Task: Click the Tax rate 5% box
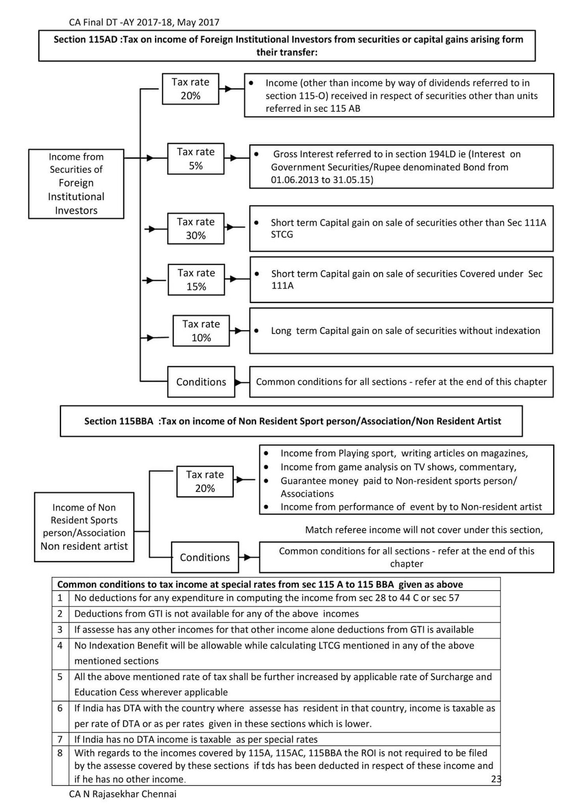(x=195, y=159)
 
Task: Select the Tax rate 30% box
(x=195, y=228)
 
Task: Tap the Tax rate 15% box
(x=196, y=279)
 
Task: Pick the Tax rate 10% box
(x=201, y=331)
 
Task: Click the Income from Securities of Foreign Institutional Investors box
(x=76, y=183)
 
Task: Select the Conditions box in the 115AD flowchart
(x=201, y=382)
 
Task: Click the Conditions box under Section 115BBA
(x=204, y=557)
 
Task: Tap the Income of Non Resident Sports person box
(x=84, y=527)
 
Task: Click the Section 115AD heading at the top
(x=288, y=45)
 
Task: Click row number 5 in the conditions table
(x=60, y=677)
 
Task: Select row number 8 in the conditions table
(x=60, y=753)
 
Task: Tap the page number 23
(x=496, y=779)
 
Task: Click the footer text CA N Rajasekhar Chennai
(x=123, y=794)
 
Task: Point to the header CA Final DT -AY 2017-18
(x=144, y=22)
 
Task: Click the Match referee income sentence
(x=424, y=530)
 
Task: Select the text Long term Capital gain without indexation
(x=405, y=331)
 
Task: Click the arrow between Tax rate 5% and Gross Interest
(x=236, y=159)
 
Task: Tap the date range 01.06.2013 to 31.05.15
(x=322, y=180)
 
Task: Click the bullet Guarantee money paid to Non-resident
(x=398, y=481)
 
